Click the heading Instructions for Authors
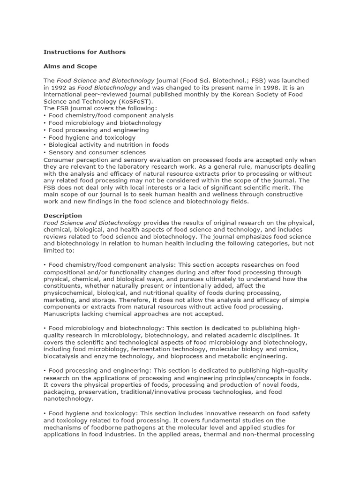click(x=84, y=52)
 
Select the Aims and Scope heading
click(x=70, y=66)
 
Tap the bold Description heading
click(x=63, y=216)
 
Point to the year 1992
click(x=60, y=88)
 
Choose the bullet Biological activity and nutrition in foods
click(x=108, y=145)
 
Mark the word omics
click(x=289, y=349)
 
